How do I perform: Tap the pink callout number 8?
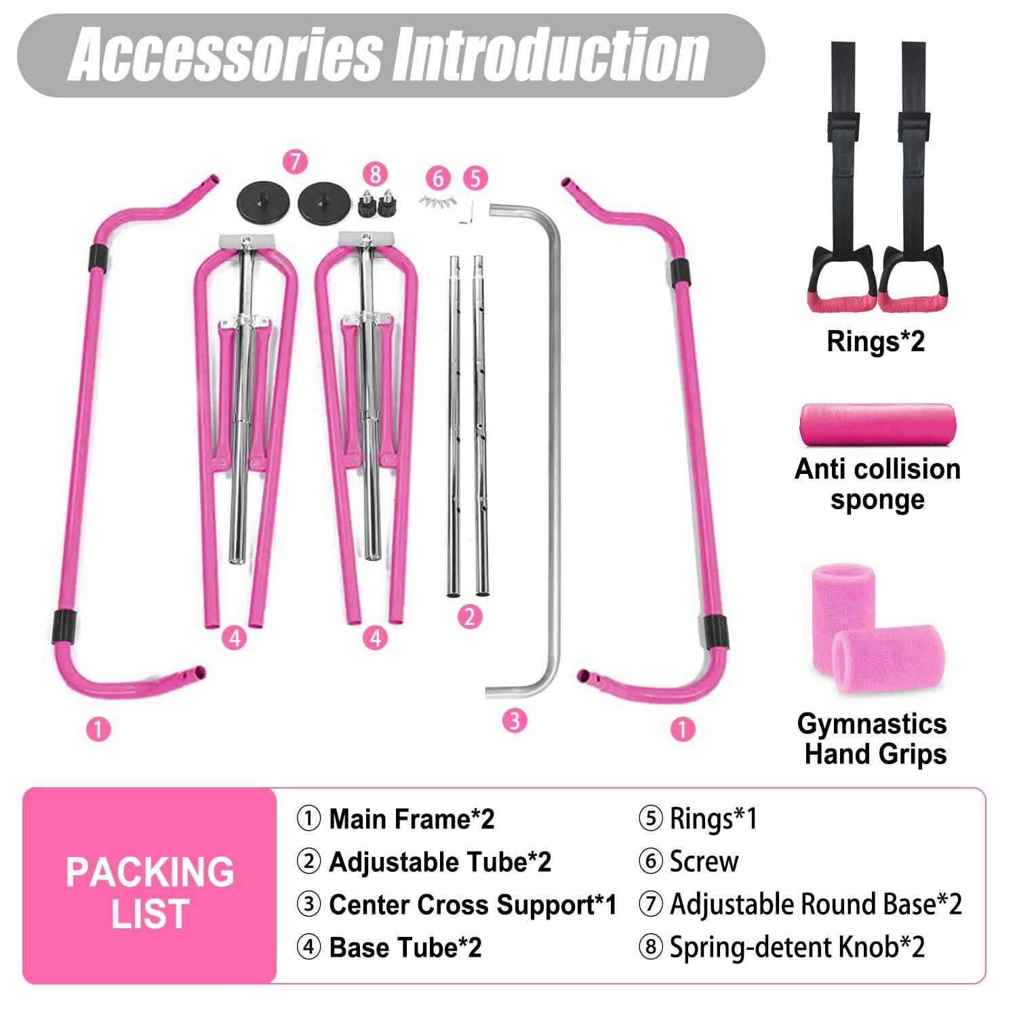[375, 174]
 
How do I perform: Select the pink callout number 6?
[438, 178]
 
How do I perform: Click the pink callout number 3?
[515, 720]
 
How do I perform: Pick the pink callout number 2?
[469, 617]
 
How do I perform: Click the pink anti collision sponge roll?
[877, 425]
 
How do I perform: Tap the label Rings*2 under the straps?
[875, 341]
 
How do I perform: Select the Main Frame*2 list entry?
[411, 819]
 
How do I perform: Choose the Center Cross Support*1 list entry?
[472, 904]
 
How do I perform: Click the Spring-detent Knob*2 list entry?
[797, 947]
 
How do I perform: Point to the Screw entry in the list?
[703, 861]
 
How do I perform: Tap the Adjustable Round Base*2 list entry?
[815, 904]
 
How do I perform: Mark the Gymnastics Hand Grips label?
[873, 739]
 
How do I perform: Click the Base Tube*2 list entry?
[405, 948]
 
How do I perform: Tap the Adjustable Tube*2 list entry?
[439, 862]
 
